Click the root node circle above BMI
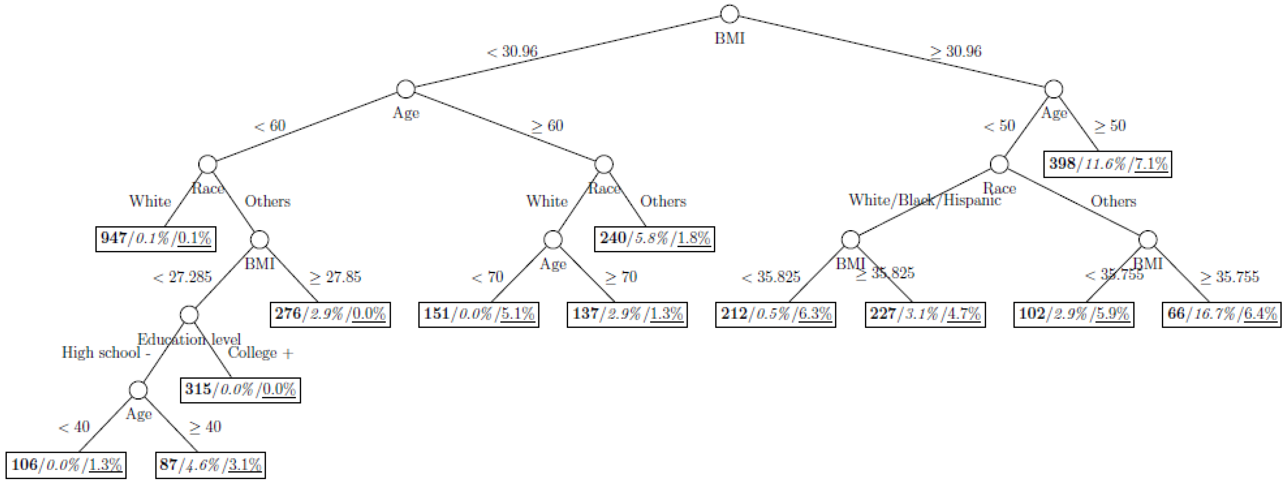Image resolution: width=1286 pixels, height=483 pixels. (x=729, y=14)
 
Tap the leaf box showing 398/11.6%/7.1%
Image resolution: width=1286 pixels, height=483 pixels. (x=1107, y=164)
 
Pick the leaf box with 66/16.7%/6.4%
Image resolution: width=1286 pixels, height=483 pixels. (x=1221, y=314)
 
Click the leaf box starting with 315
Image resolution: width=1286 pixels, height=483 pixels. (x=240, y=390)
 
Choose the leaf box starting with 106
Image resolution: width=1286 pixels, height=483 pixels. (x=66, y=465)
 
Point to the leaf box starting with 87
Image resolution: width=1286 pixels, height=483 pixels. (x=210, y=465)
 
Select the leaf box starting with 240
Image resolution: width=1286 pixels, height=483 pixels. (x=654, y=239)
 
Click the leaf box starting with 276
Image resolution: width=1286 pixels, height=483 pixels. (x=330, y=314)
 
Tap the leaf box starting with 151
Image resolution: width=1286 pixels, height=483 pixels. (x=478, y=314)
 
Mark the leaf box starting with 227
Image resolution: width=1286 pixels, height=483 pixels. (x=925, y=314)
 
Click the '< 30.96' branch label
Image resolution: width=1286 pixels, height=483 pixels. (x=512, y=51)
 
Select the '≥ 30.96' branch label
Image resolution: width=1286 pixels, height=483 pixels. (x=955, y=51)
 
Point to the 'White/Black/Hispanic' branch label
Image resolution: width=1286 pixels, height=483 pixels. (x=925, y=200)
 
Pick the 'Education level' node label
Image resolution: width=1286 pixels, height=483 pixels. (x=189, y=340)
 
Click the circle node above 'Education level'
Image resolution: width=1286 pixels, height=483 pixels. (x=189, y=315)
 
